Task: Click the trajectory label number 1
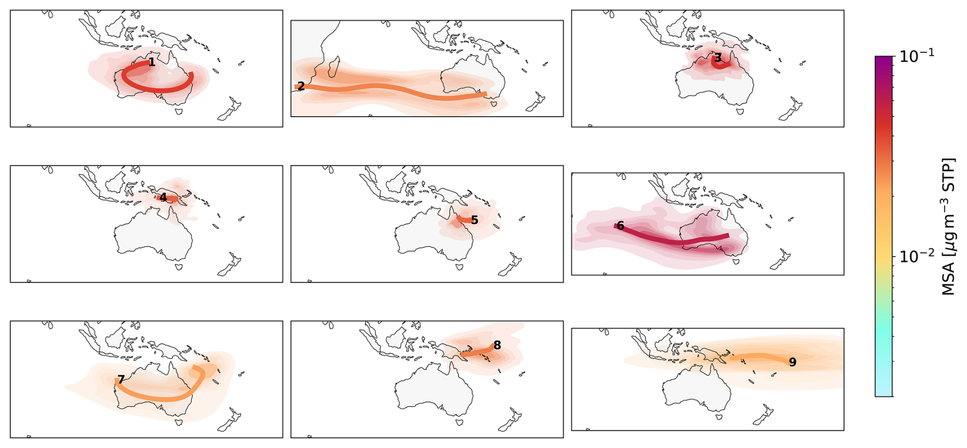[152, 62]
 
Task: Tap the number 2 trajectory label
[301, 86]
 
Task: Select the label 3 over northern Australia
[718, 57]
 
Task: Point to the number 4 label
[163, 197]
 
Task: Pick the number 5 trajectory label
[474, 220]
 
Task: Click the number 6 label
[620, 226]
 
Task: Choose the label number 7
[121, 379]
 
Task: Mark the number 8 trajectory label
[497, 345]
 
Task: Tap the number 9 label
[793, 362]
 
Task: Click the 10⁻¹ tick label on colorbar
[917, 55]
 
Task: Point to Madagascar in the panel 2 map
[334, 67]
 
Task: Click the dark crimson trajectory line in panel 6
[671, 238]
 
